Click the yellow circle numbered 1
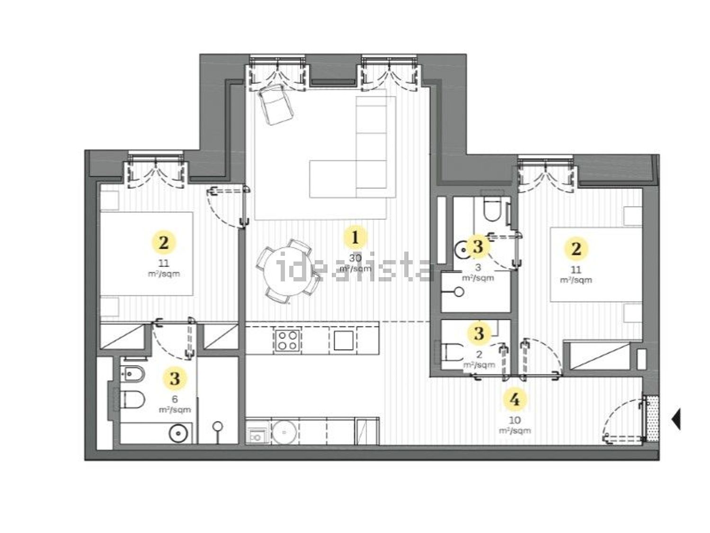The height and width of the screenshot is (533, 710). click(355, 238)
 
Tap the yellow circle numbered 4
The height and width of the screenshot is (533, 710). click(515, 400)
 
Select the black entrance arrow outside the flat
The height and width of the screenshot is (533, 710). click(676, 419)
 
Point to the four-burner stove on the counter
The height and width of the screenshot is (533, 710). click(287, 340)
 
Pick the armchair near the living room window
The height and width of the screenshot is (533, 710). click(275, 104)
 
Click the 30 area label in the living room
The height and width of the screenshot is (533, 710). click(355, 258)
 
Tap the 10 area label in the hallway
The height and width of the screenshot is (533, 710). click(515, 420)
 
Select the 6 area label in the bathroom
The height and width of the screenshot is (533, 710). click(175, 399)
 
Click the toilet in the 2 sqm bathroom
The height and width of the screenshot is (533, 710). click(453, 352)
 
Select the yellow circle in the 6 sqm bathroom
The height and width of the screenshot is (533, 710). click(175, 378)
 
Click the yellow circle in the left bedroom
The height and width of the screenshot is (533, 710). click(164, 242)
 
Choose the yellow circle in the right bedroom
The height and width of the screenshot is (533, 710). click(576, 249)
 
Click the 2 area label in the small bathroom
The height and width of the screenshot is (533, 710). click(479, 354)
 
